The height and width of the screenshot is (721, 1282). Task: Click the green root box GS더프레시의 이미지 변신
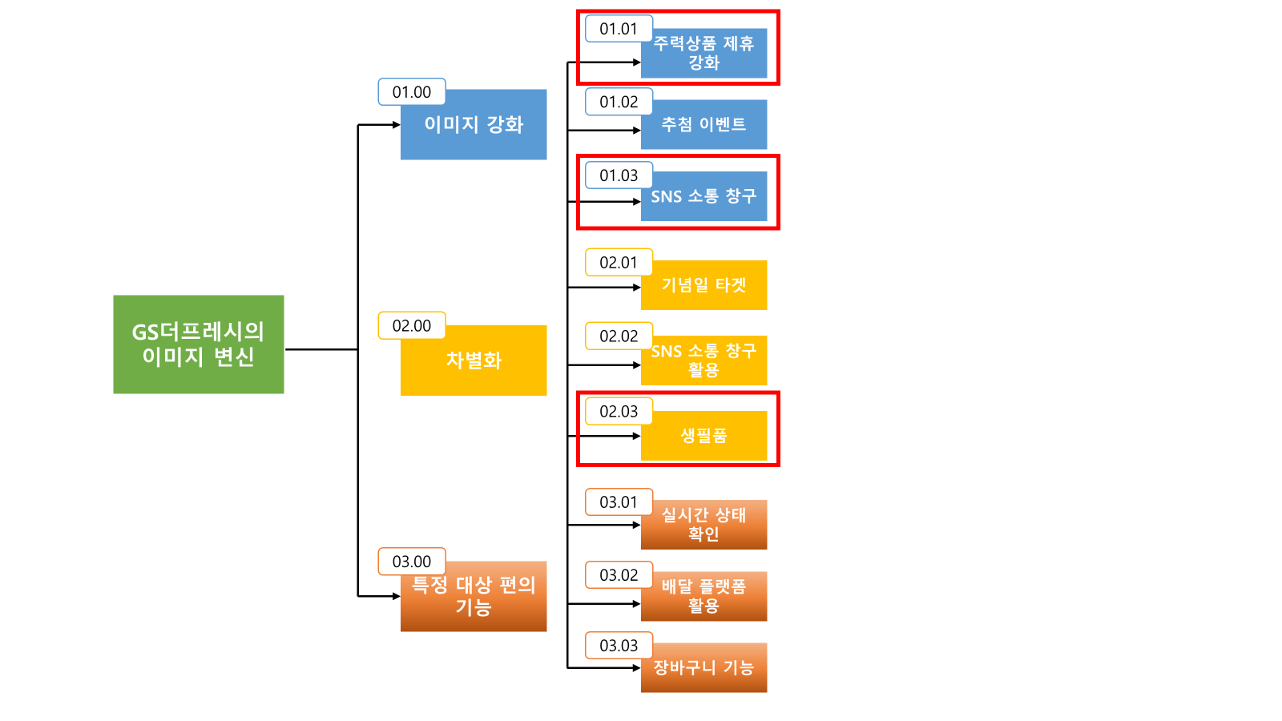198,344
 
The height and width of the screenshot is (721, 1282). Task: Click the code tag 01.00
412,92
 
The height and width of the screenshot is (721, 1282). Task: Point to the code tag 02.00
412,326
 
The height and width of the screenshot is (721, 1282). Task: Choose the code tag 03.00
412,562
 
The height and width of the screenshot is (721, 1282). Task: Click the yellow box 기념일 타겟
703,286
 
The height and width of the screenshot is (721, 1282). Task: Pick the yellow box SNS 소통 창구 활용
703,361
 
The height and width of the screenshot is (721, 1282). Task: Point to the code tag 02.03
619,412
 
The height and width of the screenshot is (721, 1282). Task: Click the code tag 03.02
619,575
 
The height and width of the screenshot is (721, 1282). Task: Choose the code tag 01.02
619,102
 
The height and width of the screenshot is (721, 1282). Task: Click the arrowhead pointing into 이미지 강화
396,125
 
